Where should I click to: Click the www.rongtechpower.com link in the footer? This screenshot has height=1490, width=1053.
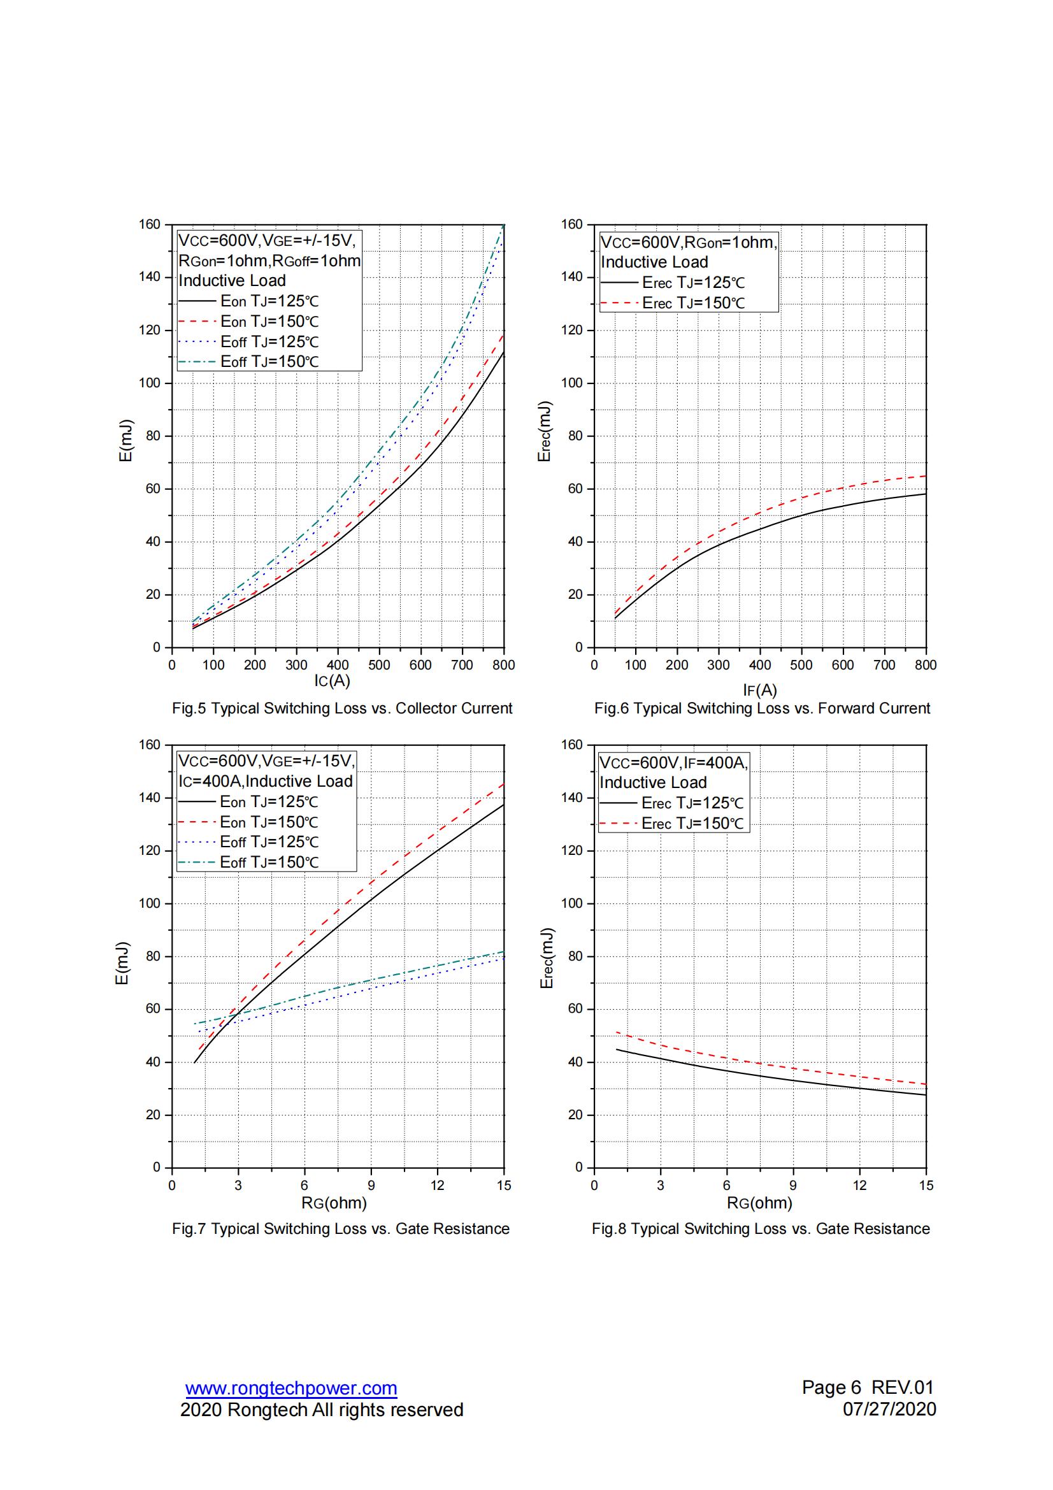[x=290, y=1388]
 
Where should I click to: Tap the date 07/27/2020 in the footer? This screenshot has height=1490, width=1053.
[x=889, y=1409]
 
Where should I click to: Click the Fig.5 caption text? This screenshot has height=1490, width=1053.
[x=342, y=708]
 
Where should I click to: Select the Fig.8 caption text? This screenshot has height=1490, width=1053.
[x=761, y=1228]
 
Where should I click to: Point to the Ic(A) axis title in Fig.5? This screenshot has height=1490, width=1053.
[x=332, y=681]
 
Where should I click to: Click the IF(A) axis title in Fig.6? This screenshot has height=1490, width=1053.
[x=760, y=690]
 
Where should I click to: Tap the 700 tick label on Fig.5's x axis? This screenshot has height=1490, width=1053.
[x=462, y=665]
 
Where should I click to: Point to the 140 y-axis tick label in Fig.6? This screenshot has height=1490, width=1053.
[x=571, y=277]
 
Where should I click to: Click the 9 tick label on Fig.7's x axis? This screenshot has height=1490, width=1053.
[x=371, y=1186]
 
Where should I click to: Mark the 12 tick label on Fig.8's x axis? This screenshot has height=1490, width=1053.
[x=859, y=1186]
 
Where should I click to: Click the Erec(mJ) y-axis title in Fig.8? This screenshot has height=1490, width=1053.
[x=547, y=958]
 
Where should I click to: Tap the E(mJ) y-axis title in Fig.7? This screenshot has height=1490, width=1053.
[x=122, y=963]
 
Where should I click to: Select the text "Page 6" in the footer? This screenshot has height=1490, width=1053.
[x=831, y=1387]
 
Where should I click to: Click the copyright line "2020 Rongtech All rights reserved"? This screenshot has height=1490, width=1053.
[x=321, y=1410]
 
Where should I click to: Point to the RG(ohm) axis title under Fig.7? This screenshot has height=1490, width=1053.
[x=334, y=1203]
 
